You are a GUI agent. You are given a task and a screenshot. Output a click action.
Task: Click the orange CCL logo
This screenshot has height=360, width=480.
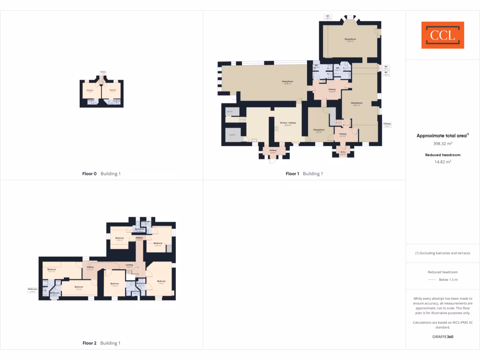[442, 35]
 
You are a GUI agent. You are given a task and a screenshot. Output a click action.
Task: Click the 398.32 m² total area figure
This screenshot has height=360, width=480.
[442, 144]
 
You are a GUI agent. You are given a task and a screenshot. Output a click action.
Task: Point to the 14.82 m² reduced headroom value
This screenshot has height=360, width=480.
[442, 162]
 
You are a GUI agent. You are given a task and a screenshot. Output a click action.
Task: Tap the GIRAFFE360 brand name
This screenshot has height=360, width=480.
[442, 337]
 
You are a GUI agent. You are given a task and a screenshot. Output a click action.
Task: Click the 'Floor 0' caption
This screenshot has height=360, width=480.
[90, 173]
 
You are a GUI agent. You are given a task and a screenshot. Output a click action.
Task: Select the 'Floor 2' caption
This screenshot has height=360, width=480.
[90, 343]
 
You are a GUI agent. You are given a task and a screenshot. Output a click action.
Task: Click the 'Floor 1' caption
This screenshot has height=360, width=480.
[292, 173]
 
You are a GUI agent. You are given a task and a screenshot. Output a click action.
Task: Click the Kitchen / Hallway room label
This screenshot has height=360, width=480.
[288, 124]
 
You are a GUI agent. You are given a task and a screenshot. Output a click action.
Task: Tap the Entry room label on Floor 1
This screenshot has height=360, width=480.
[343, 153]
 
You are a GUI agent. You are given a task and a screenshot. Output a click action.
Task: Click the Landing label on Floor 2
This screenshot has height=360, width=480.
[129, 266]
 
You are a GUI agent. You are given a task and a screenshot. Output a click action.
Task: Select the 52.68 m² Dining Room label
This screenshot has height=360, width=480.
[287, 82]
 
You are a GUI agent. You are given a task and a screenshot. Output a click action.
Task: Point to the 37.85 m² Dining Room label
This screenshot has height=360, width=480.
[349, 40]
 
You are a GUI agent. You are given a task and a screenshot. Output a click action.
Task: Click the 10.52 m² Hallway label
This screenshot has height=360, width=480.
[332, 90]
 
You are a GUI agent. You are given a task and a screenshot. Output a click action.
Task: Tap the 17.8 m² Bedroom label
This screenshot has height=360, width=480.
[161, 282]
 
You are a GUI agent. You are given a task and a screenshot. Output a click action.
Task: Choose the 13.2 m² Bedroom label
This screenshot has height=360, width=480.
[78, 288]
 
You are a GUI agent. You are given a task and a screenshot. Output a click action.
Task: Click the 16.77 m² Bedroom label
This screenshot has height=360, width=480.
[52, 270]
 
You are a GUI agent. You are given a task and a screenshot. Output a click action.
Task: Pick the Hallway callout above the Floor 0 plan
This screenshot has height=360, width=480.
[103, 72]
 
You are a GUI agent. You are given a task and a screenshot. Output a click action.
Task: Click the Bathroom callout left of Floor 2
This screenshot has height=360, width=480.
[32, 290]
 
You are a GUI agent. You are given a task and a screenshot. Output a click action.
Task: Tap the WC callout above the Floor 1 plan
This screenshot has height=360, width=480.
[328, 17]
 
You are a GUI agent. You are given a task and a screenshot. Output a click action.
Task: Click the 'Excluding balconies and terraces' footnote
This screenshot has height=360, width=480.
[442, 253]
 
